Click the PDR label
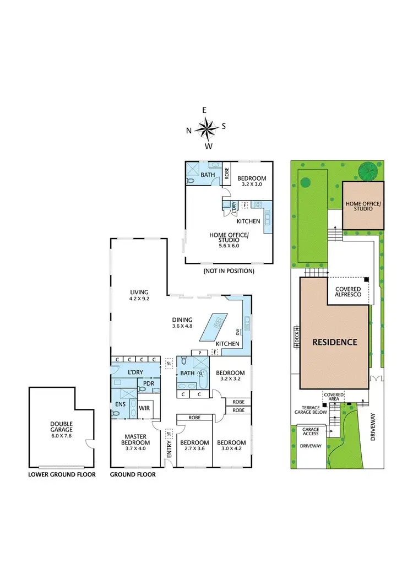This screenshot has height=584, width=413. (148, 383)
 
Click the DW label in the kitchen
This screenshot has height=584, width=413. (238, 332)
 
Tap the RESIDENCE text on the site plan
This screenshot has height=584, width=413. (335, 342)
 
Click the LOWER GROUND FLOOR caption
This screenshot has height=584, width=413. (62, 474)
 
